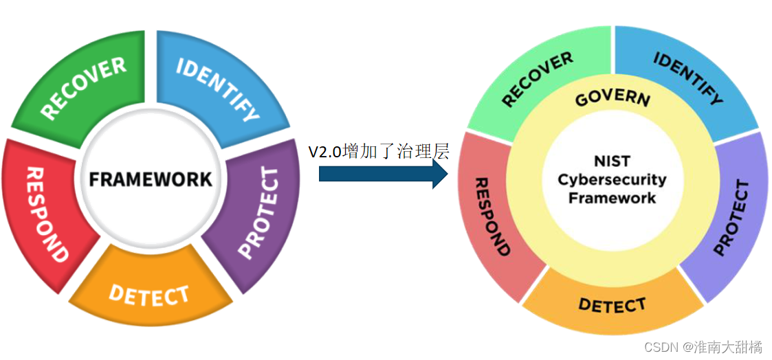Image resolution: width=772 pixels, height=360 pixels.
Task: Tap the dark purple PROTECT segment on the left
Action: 258,213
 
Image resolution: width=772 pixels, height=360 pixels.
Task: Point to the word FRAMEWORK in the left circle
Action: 151,179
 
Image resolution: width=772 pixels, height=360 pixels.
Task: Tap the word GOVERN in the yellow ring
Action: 612,98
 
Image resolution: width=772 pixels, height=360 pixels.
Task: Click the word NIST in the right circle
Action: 612,162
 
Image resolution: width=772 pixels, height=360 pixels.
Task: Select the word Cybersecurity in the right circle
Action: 612,180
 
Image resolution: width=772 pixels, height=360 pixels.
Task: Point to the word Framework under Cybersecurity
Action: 612,198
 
